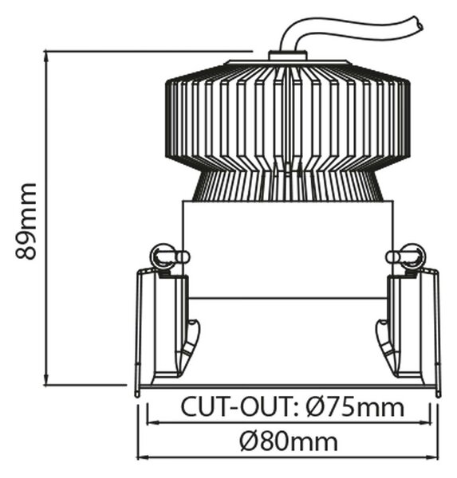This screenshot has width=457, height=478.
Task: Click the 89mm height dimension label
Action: tap(26, 221)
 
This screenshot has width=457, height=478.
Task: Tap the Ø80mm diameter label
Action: tap(289, 441)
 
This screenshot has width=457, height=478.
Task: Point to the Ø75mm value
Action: tap(355, 406)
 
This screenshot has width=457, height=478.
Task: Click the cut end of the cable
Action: tap(419, 23)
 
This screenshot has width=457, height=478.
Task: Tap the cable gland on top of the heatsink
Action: tap(287, 56)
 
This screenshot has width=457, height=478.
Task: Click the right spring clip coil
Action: tap(412, 257)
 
